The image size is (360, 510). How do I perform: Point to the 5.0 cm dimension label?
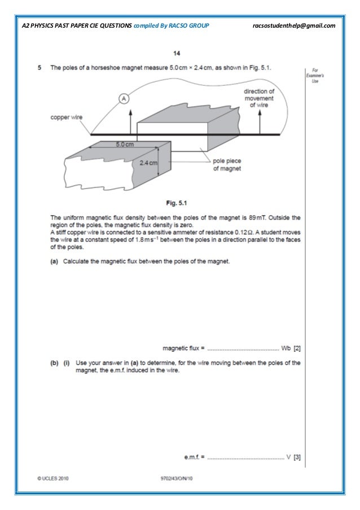125,145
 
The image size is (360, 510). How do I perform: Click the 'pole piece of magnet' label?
226,164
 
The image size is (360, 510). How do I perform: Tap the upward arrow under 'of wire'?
260,120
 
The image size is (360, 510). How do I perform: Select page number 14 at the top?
177,54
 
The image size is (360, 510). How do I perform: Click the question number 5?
39,67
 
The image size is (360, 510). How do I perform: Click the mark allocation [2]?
297,348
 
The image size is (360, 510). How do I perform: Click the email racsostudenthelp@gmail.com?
295,25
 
